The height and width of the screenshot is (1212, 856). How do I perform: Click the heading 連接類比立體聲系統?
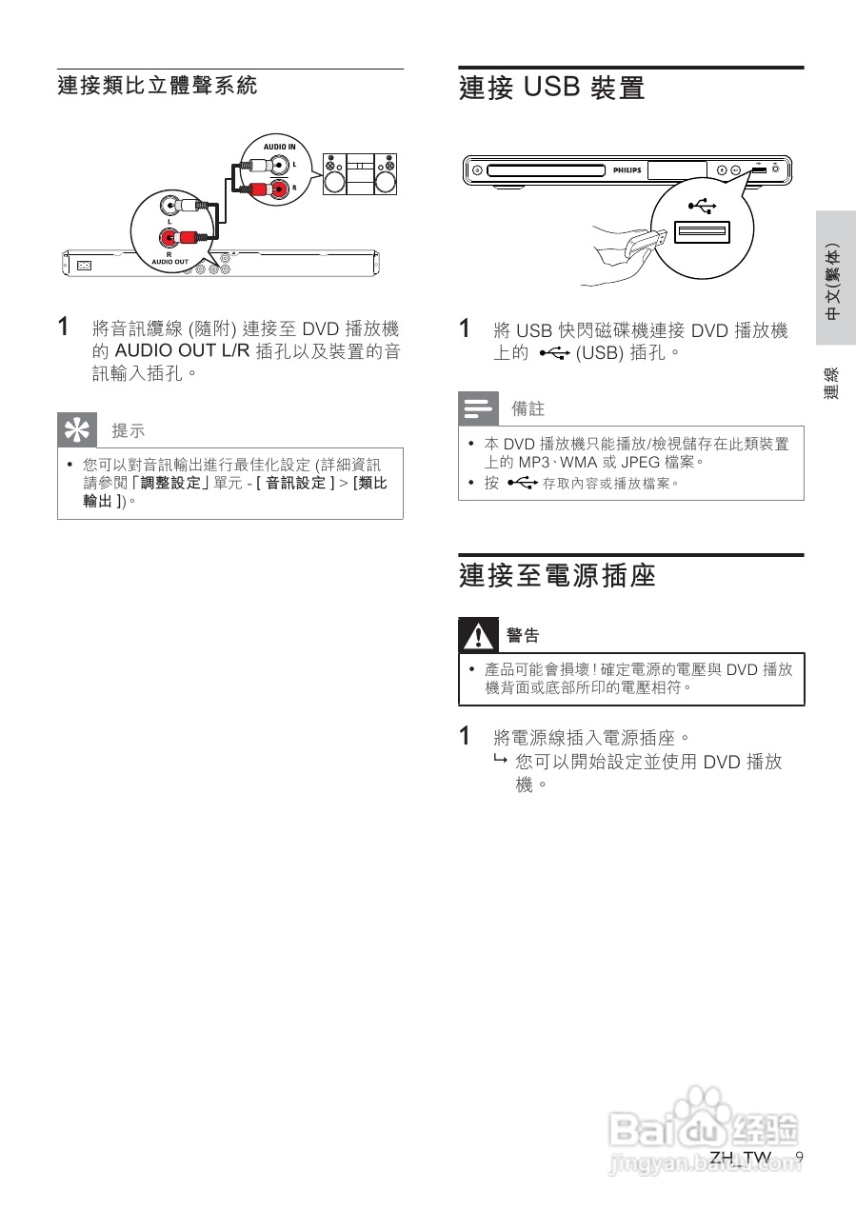point(157,87)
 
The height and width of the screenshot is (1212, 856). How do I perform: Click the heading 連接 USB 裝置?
point(551,89)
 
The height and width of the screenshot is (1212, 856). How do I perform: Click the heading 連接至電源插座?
point(557,576)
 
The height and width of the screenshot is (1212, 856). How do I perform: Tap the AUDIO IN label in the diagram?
point(279,147)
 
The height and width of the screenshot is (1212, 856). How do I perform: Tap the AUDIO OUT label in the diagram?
point(169,260)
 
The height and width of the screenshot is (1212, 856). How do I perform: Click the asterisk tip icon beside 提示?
point(76,430)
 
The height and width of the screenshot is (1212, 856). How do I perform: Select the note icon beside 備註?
point(477,408)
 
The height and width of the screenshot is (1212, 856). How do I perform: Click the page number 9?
point(799,1157)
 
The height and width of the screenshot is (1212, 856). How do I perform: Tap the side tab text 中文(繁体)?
point(834,282)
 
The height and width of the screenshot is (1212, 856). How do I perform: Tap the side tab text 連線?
point(833,382)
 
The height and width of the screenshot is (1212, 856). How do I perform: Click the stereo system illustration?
point(360,174)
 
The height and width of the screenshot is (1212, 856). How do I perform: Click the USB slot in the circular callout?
point(701,232)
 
